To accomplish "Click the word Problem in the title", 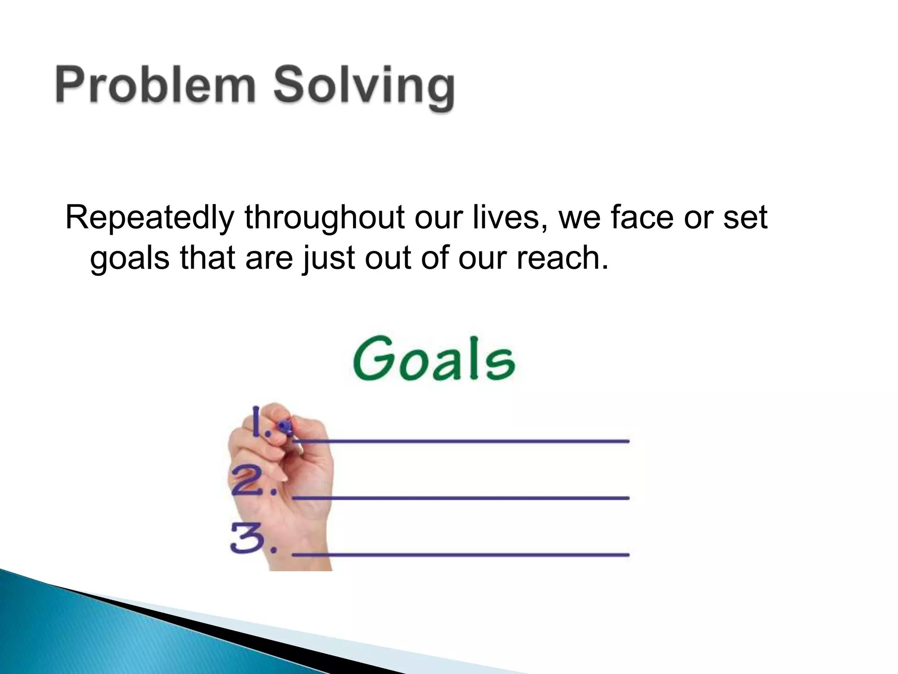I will click(156, 85).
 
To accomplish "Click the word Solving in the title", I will click(364, 88).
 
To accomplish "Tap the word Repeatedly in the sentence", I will click(149, 218).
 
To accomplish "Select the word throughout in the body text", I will click(324, 218).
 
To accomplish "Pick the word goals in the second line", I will click(130, 259).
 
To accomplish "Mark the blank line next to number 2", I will click(460, 498).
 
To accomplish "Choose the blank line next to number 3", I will click(460, 555).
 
